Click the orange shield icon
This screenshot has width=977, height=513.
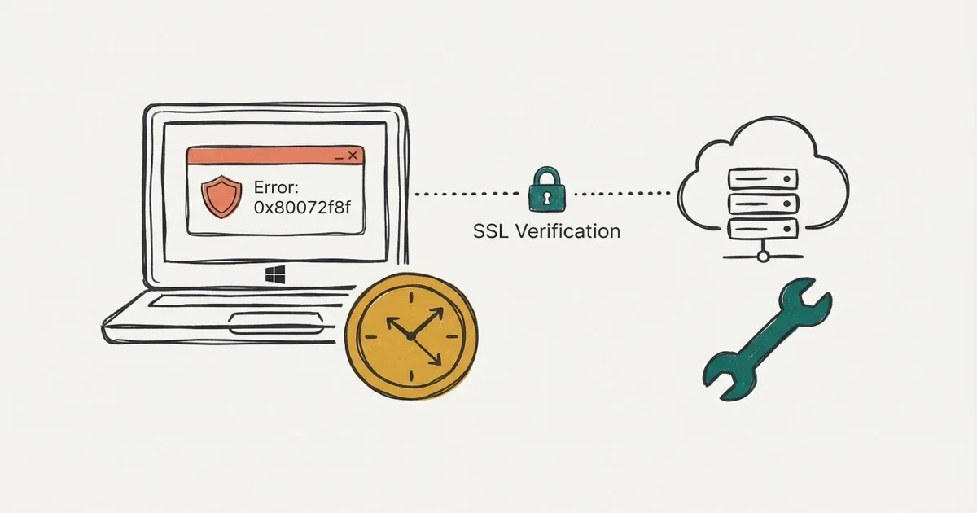(221, 196)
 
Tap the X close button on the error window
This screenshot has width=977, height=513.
(353, 155)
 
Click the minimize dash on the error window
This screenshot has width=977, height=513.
(339, 158)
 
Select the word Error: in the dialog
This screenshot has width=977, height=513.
(276, 187)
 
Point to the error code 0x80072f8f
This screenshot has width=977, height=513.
(302, 208)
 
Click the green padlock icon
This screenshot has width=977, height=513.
(547, 189)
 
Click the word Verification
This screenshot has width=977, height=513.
(568, 231)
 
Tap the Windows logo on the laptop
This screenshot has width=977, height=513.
(275, 274)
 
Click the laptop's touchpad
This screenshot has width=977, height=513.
(276, 323)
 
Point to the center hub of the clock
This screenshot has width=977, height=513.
(410, 335)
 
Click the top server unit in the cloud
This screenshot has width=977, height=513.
(763, 179)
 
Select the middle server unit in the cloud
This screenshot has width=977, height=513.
(763, 204)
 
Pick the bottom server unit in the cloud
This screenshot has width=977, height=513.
(763, 229)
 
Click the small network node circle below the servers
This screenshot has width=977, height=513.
(763, 256)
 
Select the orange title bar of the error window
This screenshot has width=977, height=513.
(275, 156)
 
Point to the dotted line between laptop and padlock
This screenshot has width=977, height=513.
(467, 194)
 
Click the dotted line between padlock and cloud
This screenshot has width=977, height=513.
(622, 193)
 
